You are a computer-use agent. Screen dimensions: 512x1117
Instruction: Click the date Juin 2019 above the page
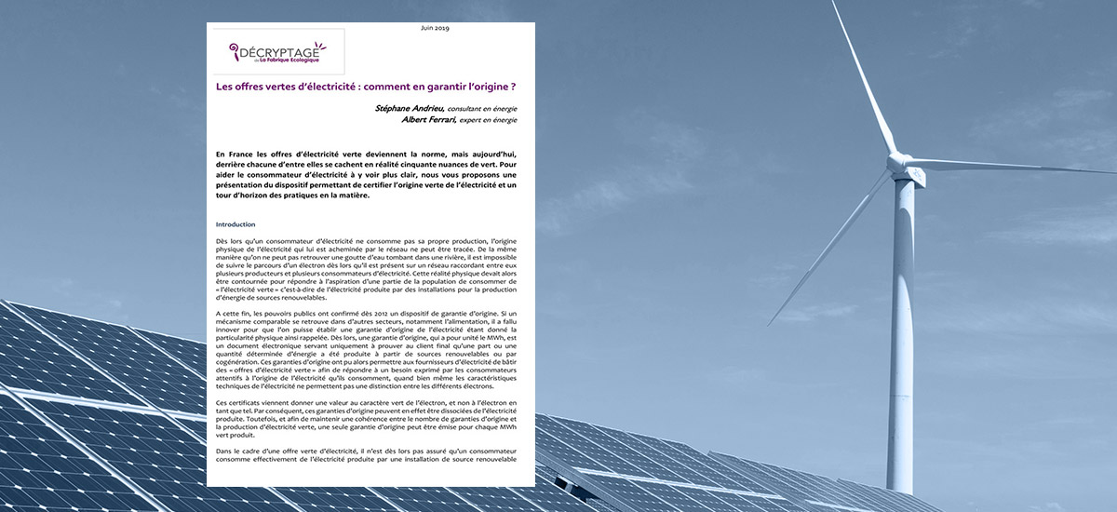click(x=435, y=29)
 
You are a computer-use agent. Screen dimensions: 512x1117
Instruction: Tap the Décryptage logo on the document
click(x=276, y=53)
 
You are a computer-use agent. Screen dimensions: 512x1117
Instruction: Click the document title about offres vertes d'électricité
click(x=366, y=87)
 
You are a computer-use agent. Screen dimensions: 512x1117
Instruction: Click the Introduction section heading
click(x=235, y=224)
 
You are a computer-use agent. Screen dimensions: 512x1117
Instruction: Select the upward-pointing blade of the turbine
click(x=866, y=79)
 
